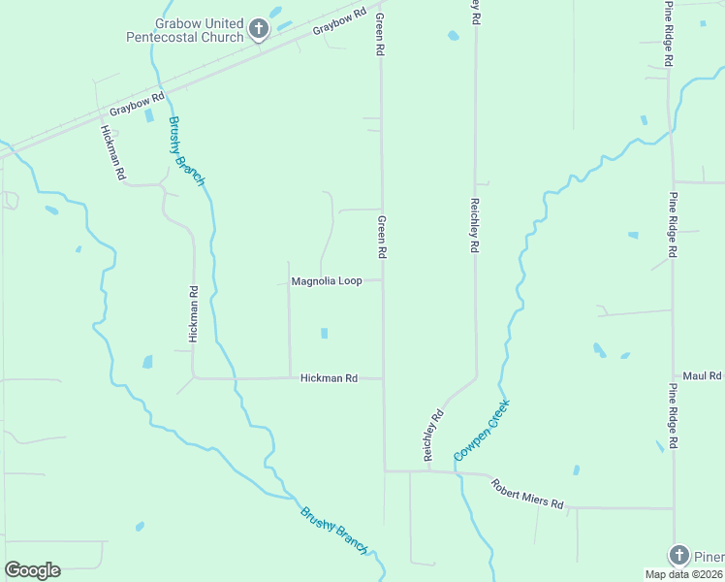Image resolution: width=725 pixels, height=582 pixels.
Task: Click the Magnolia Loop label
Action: [327, 281]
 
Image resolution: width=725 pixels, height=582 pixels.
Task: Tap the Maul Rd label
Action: [703, 375]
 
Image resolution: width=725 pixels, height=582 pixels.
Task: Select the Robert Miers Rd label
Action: [526, 494]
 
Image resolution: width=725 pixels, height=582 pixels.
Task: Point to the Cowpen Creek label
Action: [481, 431]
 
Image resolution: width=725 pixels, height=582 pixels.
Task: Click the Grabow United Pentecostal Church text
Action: [184, 30]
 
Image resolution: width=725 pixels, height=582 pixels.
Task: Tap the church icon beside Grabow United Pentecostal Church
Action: [258, 29]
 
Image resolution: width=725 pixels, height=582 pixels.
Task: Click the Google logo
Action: [32, 570]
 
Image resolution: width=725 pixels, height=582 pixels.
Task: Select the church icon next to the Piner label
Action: [678, 555]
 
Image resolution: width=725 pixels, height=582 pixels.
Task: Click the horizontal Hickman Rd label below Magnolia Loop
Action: [329, 378]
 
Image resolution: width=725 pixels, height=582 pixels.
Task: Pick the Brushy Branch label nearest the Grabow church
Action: [187, 151]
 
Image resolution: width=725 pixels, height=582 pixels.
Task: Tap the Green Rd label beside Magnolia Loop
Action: [383, 237]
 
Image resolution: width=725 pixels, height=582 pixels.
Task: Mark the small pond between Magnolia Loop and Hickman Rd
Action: [324, 334]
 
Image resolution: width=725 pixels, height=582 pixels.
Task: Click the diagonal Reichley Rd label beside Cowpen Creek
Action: [432, 435]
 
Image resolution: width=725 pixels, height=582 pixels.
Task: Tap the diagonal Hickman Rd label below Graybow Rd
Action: [113, 153]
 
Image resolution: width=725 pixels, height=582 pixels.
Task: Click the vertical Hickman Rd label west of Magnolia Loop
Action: [194, 313]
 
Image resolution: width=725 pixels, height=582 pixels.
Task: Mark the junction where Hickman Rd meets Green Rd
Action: [383, 378]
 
